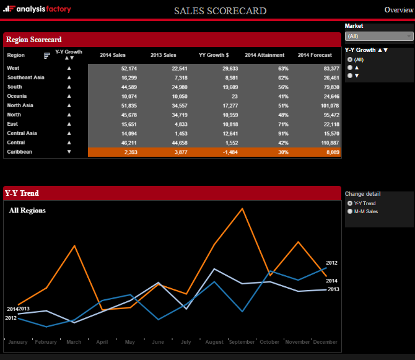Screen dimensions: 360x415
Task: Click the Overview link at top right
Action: click(x=398, y=10)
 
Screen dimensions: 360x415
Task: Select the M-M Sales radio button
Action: click(x=351, y=211)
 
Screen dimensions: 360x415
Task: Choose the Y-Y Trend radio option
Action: click(x=351, y=203)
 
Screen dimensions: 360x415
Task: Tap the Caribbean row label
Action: click(x=19, y=152)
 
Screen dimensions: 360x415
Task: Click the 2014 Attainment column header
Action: click(x=264, y=55)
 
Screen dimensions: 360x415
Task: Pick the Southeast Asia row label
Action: click(x=25, y=77)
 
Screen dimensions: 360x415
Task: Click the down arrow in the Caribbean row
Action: click(x=69, y=152)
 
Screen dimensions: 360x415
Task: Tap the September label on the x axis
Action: click(x=242, y=342)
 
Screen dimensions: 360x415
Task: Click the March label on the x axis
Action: click(x=74, y=342)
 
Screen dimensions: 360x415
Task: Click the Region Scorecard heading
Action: click(x=34, y=40)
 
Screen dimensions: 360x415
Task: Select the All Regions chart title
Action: click(x=27, y=211)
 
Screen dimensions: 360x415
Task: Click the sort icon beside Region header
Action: click(x=47, y=55)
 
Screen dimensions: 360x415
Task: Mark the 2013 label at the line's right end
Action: click(x=333, y=289)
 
